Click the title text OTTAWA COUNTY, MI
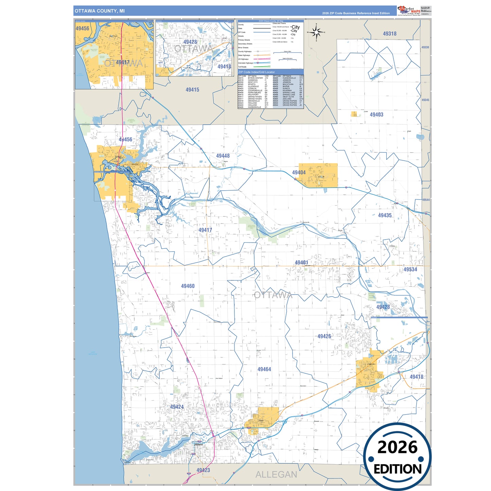coord(100,11)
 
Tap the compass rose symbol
coord(316,32)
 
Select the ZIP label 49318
coord(389,34)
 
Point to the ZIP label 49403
coord(376,115)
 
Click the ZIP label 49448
coord(223,156)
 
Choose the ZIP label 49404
coord(299,173)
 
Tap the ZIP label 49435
coord(385,215)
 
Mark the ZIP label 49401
coord(301,263)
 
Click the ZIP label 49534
coord(410,269)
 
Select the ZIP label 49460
coord(188,286)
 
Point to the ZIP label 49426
coord(324,336)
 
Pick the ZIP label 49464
coord(264,369)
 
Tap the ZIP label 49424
coord(177,407)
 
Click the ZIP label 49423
coord(203,470)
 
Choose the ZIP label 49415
coord(192,90)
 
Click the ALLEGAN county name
coord(276,475)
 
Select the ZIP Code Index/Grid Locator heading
coord(257,72)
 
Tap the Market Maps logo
coord(409,11)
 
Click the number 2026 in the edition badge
coord(397,447)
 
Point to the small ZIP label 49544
coord(426,200)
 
